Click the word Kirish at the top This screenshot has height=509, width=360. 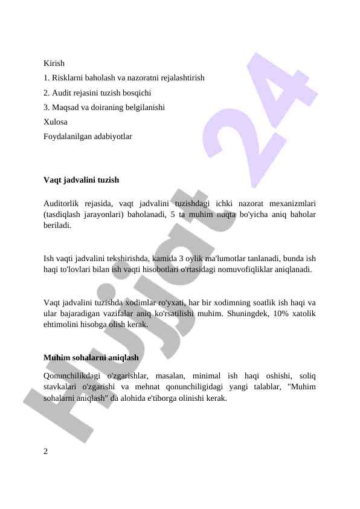point(54,63)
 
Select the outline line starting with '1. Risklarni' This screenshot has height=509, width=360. point(124,78)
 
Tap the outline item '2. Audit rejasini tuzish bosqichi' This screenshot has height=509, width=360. point(97,93)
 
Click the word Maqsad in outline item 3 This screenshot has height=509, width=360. point(67,108)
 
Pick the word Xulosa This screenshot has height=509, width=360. point(56,122)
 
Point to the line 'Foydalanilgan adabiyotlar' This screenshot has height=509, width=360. point(88,137)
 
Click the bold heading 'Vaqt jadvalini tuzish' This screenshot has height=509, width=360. point(81,180)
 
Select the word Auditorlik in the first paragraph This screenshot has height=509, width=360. point(62,204)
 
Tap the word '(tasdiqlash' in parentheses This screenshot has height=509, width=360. point(64,215)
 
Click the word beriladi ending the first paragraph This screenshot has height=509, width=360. point(57,225)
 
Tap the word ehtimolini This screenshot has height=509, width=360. point(63,324)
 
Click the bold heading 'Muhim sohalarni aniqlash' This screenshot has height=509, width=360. point(91,358)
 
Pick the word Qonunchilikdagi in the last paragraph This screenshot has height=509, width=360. point(72,377)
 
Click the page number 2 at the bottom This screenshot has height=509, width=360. point(46,452)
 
